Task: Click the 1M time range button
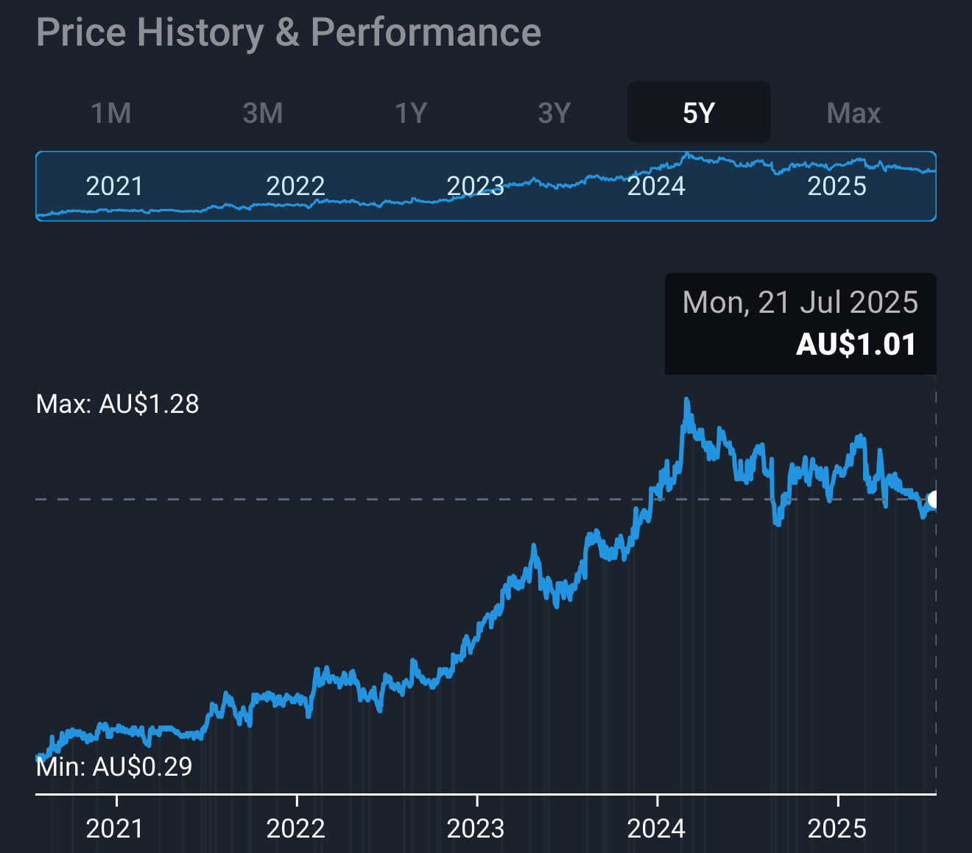pyautogui.click(x=111, y=113)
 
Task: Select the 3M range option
pyautogui.click(x=263, y=113)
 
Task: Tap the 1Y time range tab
pyautogui.click(x=411, y=113)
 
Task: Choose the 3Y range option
pyautogui.click(x=554, y=113)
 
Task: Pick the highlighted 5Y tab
pyautogui.click(x=699, y=113)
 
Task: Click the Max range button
pyautogui.click(x=853, y=113)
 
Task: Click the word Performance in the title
pyautogui.click(x=426, y=33)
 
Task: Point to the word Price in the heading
pyautogui.click(x=81, y=33)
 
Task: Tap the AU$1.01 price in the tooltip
pyautogui.click(x=856, y=344)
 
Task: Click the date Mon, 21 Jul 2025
pyautogui.click(x=800, y=302)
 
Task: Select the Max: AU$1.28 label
pyautogui.click(x=118, y=404)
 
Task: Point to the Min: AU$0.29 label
pyautogui.click(x=114, y=767)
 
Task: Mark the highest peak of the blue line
pyautogui.click(x=686, y=401)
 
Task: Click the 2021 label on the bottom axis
pyautogui.click(x=114, y=829)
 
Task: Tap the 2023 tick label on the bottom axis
pyautogui.click(x=476, y=829)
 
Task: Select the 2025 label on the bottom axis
pyautogui.click(x=837, y=829)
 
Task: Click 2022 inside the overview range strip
pyautogui.click(x=295, y=186)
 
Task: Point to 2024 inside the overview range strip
pyautogui.click(x=656, y=186)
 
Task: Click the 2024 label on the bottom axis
pyautogui.click(x=656, y=829)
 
